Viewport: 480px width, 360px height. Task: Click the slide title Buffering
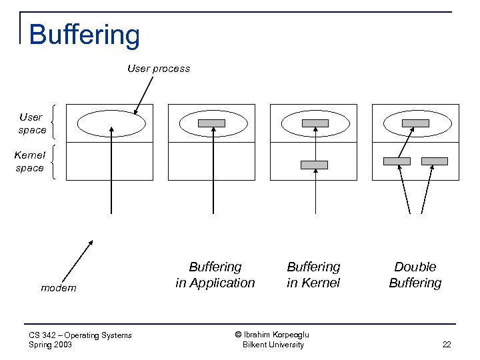click(85, 35)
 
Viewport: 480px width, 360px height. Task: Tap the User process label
click(159, 69)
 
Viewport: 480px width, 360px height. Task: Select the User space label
click(31, 123)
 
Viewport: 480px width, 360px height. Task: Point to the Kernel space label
click(29, 161)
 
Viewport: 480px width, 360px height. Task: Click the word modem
click(59, 288)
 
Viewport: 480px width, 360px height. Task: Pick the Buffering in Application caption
click(215, 275)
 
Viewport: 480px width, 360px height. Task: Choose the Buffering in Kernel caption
click(313, 275)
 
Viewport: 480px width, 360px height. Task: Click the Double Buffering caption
click(415, 275)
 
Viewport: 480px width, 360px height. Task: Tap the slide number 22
click(446, 345)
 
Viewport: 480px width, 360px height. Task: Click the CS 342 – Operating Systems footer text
click(81, 335)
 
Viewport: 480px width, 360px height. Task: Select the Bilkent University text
click(273, 345)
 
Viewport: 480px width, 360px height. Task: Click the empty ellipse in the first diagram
click(111, 123)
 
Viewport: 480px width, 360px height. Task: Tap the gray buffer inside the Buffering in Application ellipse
click(212, 123)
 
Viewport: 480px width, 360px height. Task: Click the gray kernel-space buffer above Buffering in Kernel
click(314, 165)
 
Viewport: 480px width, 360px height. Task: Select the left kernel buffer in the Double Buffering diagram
click(397, 161)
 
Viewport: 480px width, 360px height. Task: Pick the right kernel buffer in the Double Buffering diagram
click(435, 161)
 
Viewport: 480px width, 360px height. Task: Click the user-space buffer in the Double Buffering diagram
click(415, 123)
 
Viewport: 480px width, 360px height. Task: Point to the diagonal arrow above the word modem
click(77, 261)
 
